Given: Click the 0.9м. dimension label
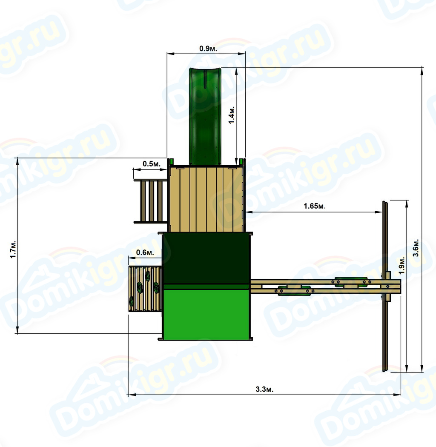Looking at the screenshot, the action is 208,49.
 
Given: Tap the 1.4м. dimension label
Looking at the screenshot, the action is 231,115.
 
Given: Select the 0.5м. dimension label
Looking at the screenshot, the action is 152,163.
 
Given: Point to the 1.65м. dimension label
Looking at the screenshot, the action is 314,206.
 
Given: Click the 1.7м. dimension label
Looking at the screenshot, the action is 13,250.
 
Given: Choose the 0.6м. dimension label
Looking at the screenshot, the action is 145,252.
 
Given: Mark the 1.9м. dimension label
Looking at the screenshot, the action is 402,265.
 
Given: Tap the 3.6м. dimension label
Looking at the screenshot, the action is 416,248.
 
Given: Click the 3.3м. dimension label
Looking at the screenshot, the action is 264,390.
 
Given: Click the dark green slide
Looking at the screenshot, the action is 205,116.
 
